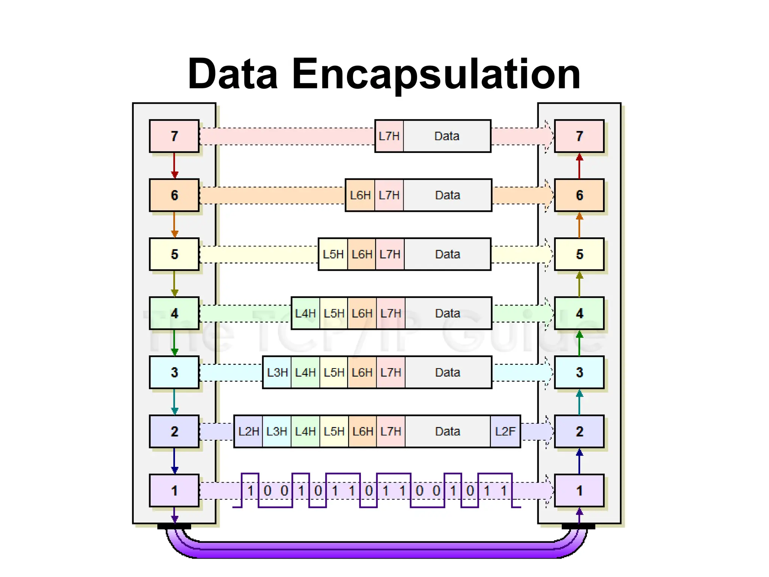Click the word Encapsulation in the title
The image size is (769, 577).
pyautogui.click(x=436, y=74)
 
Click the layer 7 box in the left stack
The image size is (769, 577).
pyautogui.click(x=174, y=136)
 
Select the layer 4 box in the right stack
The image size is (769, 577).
pyautogui.click(x=579, y=313)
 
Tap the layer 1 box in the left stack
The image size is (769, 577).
pyautogui.click(x=174, y=491)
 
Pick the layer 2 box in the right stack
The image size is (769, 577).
pyautogui.click(x=579, y=431)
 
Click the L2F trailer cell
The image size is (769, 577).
pyautogui.click(x=505, y=431)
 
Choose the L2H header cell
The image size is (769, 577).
pyautogui.click(x=248, y=431)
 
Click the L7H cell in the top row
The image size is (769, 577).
pyautogui.click(x=389, y=136)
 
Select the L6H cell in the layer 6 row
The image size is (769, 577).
pyautogui.click(x=360, y=195)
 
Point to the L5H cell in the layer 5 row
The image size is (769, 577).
pyautogui.click(x=333, y=254)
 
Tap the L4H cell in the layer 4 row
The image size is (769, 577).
pyautogui.click(x=305, y=313)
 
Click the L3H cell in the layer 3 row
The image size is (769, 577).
pyautogui.click(x=277, y=372)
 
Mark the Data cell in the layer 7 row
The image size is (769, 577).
pyautogui.click(x=447, y=136)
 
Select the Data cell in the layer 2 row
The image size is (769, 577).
pyautogui.click(x=448, y=431)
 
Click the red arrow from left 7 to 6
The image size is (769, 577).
pyautogui.click(x=174, y=165)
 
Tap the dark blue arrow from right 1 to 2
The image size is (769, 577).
pyautogui.click(x=579, y=461)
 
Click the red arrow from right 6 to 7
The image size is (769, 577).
pyautogui.click(x=579, y=166)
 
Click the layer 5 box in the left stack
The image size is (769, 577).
pyautogui.click(x=174, y=254)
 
